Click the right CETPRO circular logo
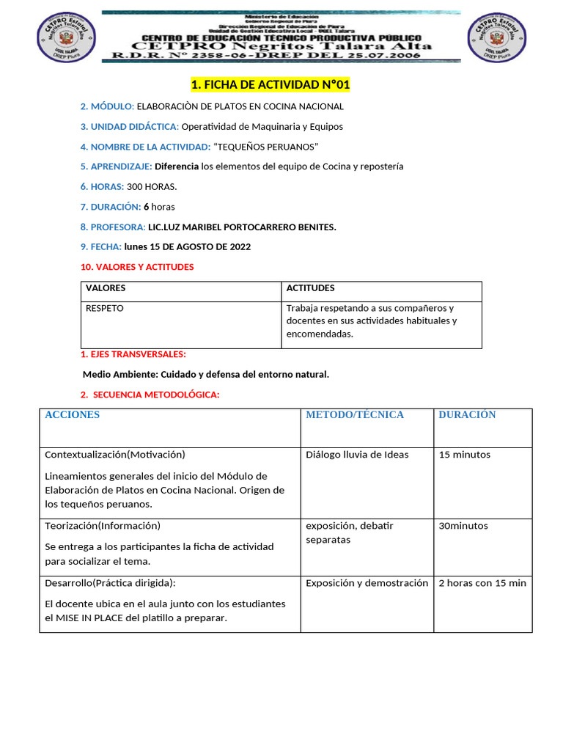pos(496,39)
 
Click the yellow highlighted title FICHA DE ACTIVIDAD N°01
pos(271,86)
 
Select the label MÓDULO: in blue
pos(107,106)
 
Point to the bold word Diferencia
pos(177,166)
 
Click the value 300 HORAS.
pos(151,187)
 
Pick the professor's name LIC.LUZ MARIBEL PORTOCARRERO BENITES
pos(242,227)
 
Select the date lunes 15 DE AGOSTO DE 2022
pos(187,247)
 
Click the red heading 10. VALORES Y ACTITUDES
pos(137,267)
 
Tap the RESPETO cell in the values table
pos(105,309)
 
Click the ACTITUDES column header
pos(310,288)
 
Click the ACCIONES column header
pos(73,415)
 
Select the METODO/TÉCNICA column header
pos(355,415)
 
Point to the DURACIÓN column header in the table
pos(467,415)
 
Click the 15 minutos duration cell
pos(465,455)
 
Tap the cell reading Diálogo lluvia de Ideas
pos(357,455)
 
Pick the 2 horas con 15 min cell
pos(482,583)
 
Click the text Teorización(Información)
pos(103,526)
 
